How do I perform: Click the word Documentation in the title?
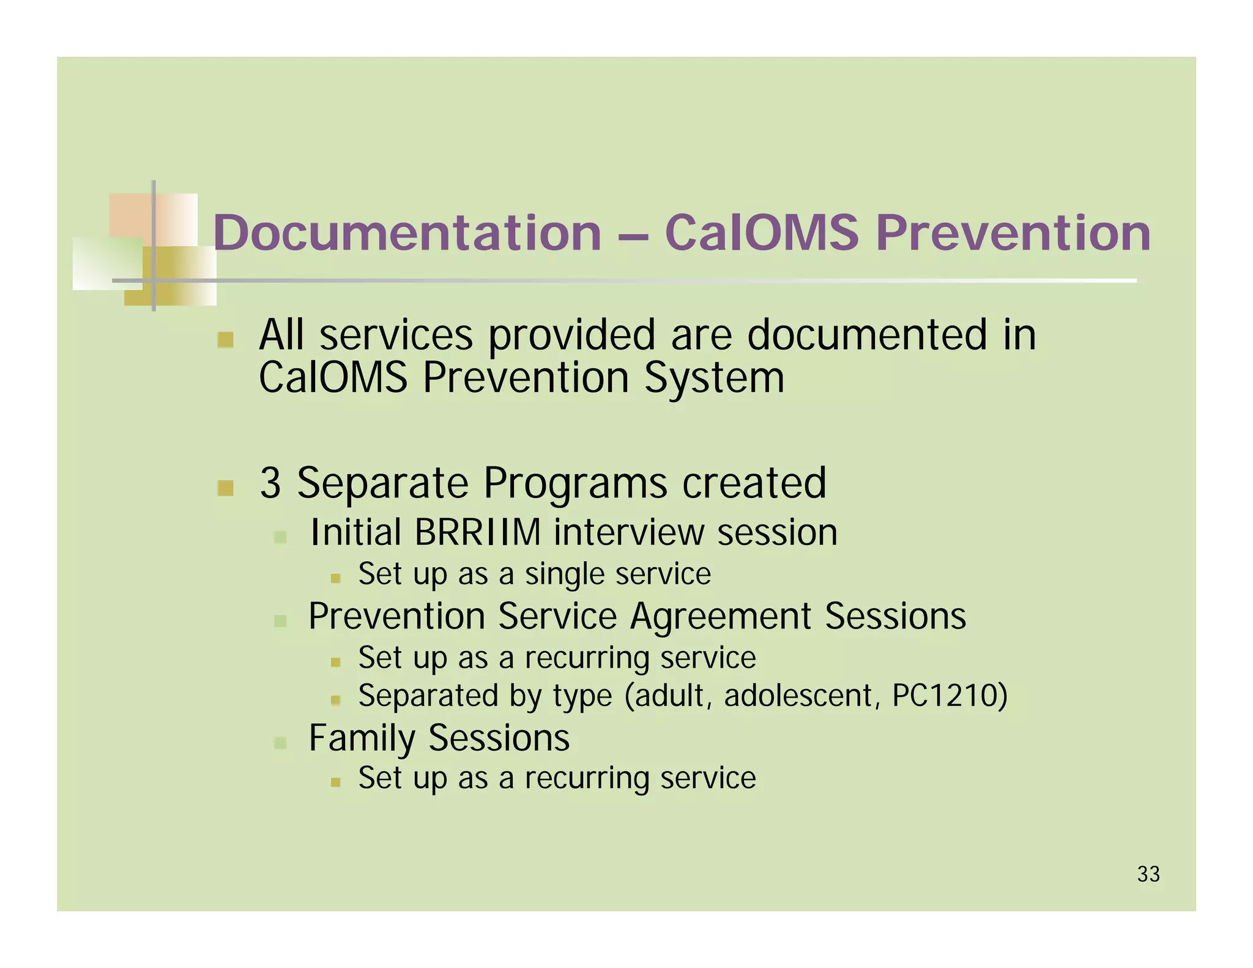(407, 233)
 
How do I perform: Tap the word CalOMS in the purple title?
(762, 233)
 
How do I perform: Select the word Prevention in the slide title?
(1013, 233)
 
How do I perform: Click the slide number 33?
(1148, 874)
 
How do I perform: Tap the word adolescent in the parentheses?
(798, 696)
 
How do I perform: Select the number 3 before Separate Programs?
(270, 483)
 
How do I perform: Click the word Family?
(362, 738)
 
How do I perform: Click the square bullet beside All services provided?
(225, 340)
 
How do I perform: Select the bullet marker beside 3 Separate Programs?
(225, 488)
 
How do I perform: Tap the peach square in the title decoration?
(130, 215)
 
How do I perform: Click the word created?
(754, 483)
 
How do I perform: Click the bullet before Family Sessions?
(280, 743)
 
